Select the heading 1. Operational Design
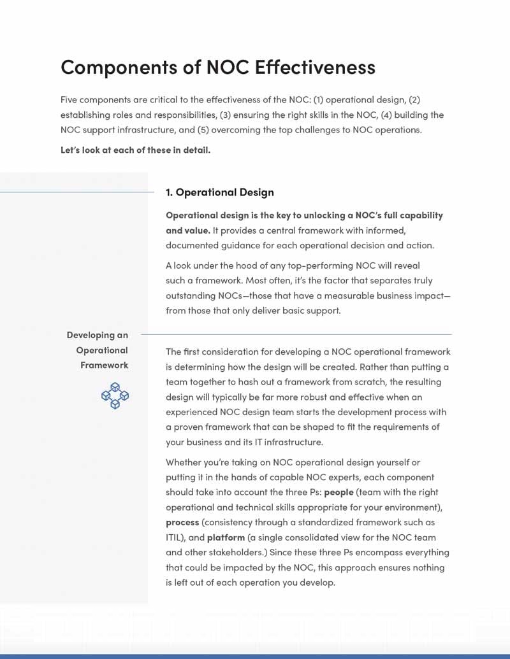(x=220, y=192)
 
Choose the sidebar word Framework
(x=104, y=365)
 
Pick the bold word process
(x=182, y=522)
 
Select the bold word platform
(x=226, y=537)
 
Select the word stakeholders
(x=223, y=552)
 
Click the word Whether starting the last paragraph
(x=185, y=462)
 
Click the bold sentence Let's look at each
(x=135, y=150)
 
